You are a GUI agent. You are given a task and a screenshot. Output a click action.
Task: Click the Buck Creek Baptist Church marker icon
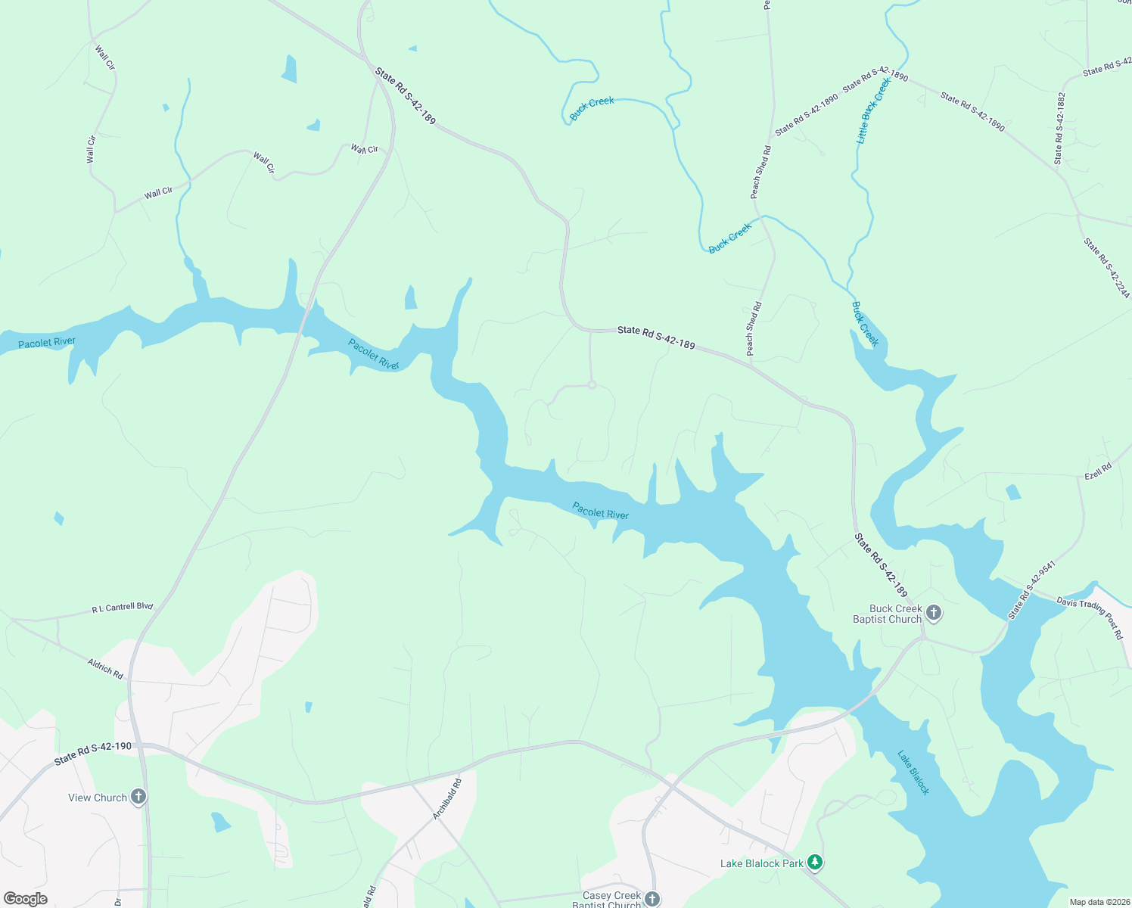(x=933, y=613)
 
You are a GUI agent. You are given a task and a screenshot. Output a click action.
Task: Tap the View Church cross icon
(x=138, y=797)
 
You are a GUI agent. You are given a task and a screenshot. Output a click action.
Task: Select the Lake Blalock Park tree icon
(x=814, y=863)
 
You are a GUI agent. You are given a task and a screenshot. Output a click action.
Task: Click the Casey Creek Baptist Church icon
(x=652, y=899)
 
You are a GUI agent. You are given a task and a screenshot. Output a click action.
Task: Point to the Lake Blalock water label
(x=913, y=772)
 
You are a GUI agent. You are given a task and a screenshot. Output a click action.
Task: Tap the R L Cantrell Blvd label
(x=123, y=608)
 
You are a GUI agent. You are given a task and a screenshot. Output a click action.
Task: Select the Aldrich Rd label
(x=105, y=669)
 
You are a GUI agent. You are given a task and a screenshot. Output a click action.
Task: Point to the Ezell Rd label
(x=1098, y=471)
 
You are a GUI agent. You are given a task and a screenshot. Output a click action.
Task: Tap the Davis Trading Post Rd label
(x=1090, y=618)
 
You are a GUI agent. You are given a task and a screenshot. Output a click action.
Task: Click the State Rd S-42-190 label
(x=93, y=753)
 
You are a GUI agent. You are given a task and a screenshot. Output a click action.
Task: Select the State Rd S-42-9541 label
(x=1031, y=590)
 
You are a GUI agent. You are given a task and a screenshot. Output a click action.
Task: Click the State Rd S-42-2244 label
(x=1106, y=268)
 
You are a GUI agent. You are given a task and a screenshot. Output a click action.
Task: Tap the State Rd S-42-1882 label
(x=1060, y=129)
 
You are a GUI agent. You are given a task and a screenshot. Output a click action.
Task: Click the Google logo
(x=25, y=899)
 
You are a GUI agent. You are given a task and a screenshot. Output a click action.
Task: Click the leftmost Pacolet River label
(x=47, y=343)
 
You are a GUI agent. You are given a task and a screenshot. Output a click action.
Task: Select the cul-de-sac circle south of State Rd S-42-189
(x=592, y=385)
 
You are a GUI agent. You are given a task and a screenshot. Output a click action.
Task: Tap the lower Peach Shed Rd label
(x=754, y=328)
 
